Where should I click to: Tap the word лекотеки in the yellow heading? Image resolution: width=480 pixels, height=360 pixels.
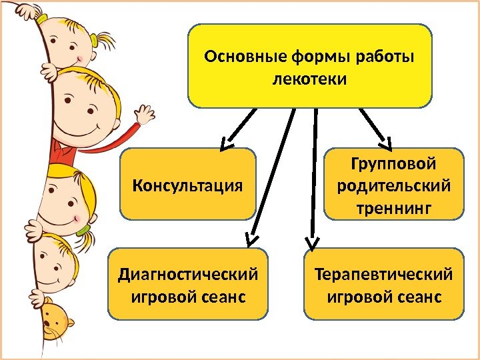[x=310, y=79]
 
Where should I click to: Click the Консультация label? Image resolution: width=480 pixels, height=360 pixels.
[x=188, y=184]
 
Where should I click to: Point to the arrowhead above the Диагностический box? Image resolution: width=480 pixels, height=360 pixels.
[x=250, y=237]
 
